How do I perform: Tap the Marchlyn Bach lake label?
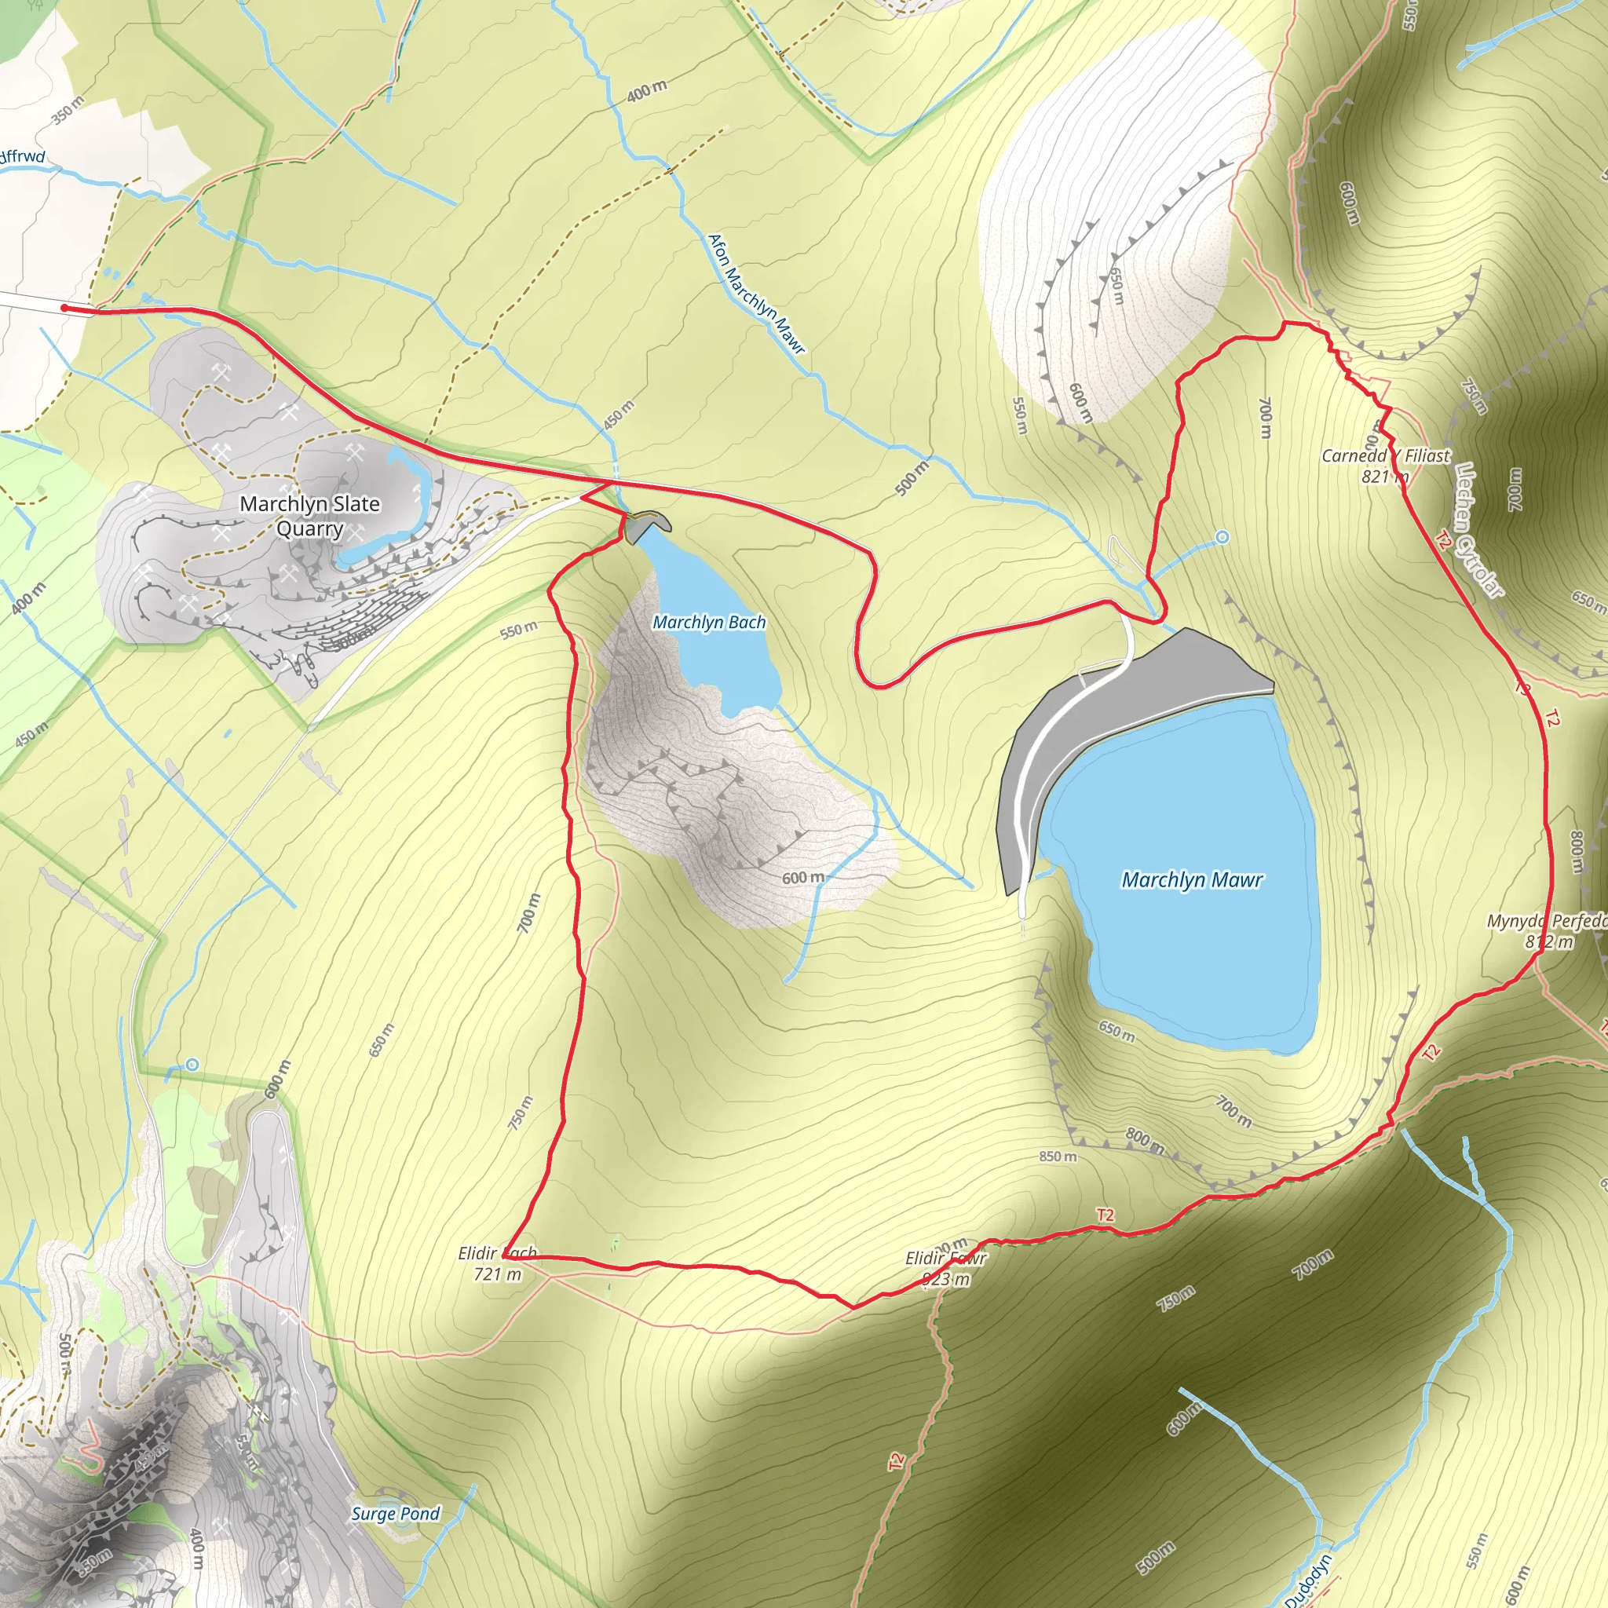tap(709, 623)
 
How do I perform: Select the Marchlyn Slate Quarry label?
tap(309, 516)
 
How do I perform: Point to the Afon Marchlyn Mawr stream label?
tap(756, 293)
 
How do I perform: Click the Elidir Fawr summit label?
tap(946, 1269)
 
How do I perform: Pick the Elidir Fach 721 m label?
tap(498, 1263)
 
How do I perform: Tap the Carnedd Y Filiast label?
tap(1386, 456)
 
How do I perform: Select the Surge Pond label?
tap(396, 1514)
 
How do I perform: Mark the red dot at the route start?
tap(65, 308)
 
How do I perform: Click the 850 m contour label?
tap(1058, 1157)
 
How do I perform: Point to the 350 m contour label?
tap(68, 110)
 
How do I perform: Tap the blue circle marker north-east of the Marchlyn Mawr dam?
tap(1222, 538)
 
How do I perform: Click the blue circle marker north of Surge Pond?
tap(193, 1065)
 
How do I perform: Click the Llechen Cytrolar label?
tap(1480, 530)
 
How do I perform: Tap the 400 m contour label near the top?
tap(647, 91)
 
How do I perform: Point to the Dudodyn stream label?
tap(1308, 1581)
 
